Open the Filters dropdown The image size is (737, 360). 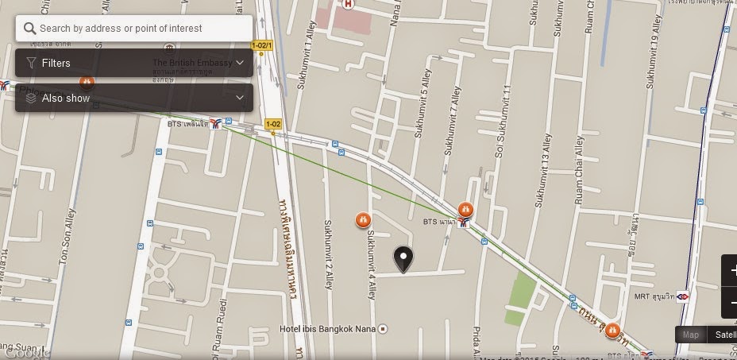coord(133,63)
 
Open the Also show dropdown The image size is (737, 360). coord(133,98)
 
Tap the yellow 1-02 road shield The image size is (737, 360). coord(273,123)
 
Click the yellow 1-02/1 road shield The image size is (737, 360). coord(262,45)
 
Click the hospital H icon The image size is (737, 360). coord(348,4)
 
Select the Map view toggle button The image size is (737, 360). coord(691,335)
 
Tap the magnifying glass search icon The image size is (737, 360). coord(30,28)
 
